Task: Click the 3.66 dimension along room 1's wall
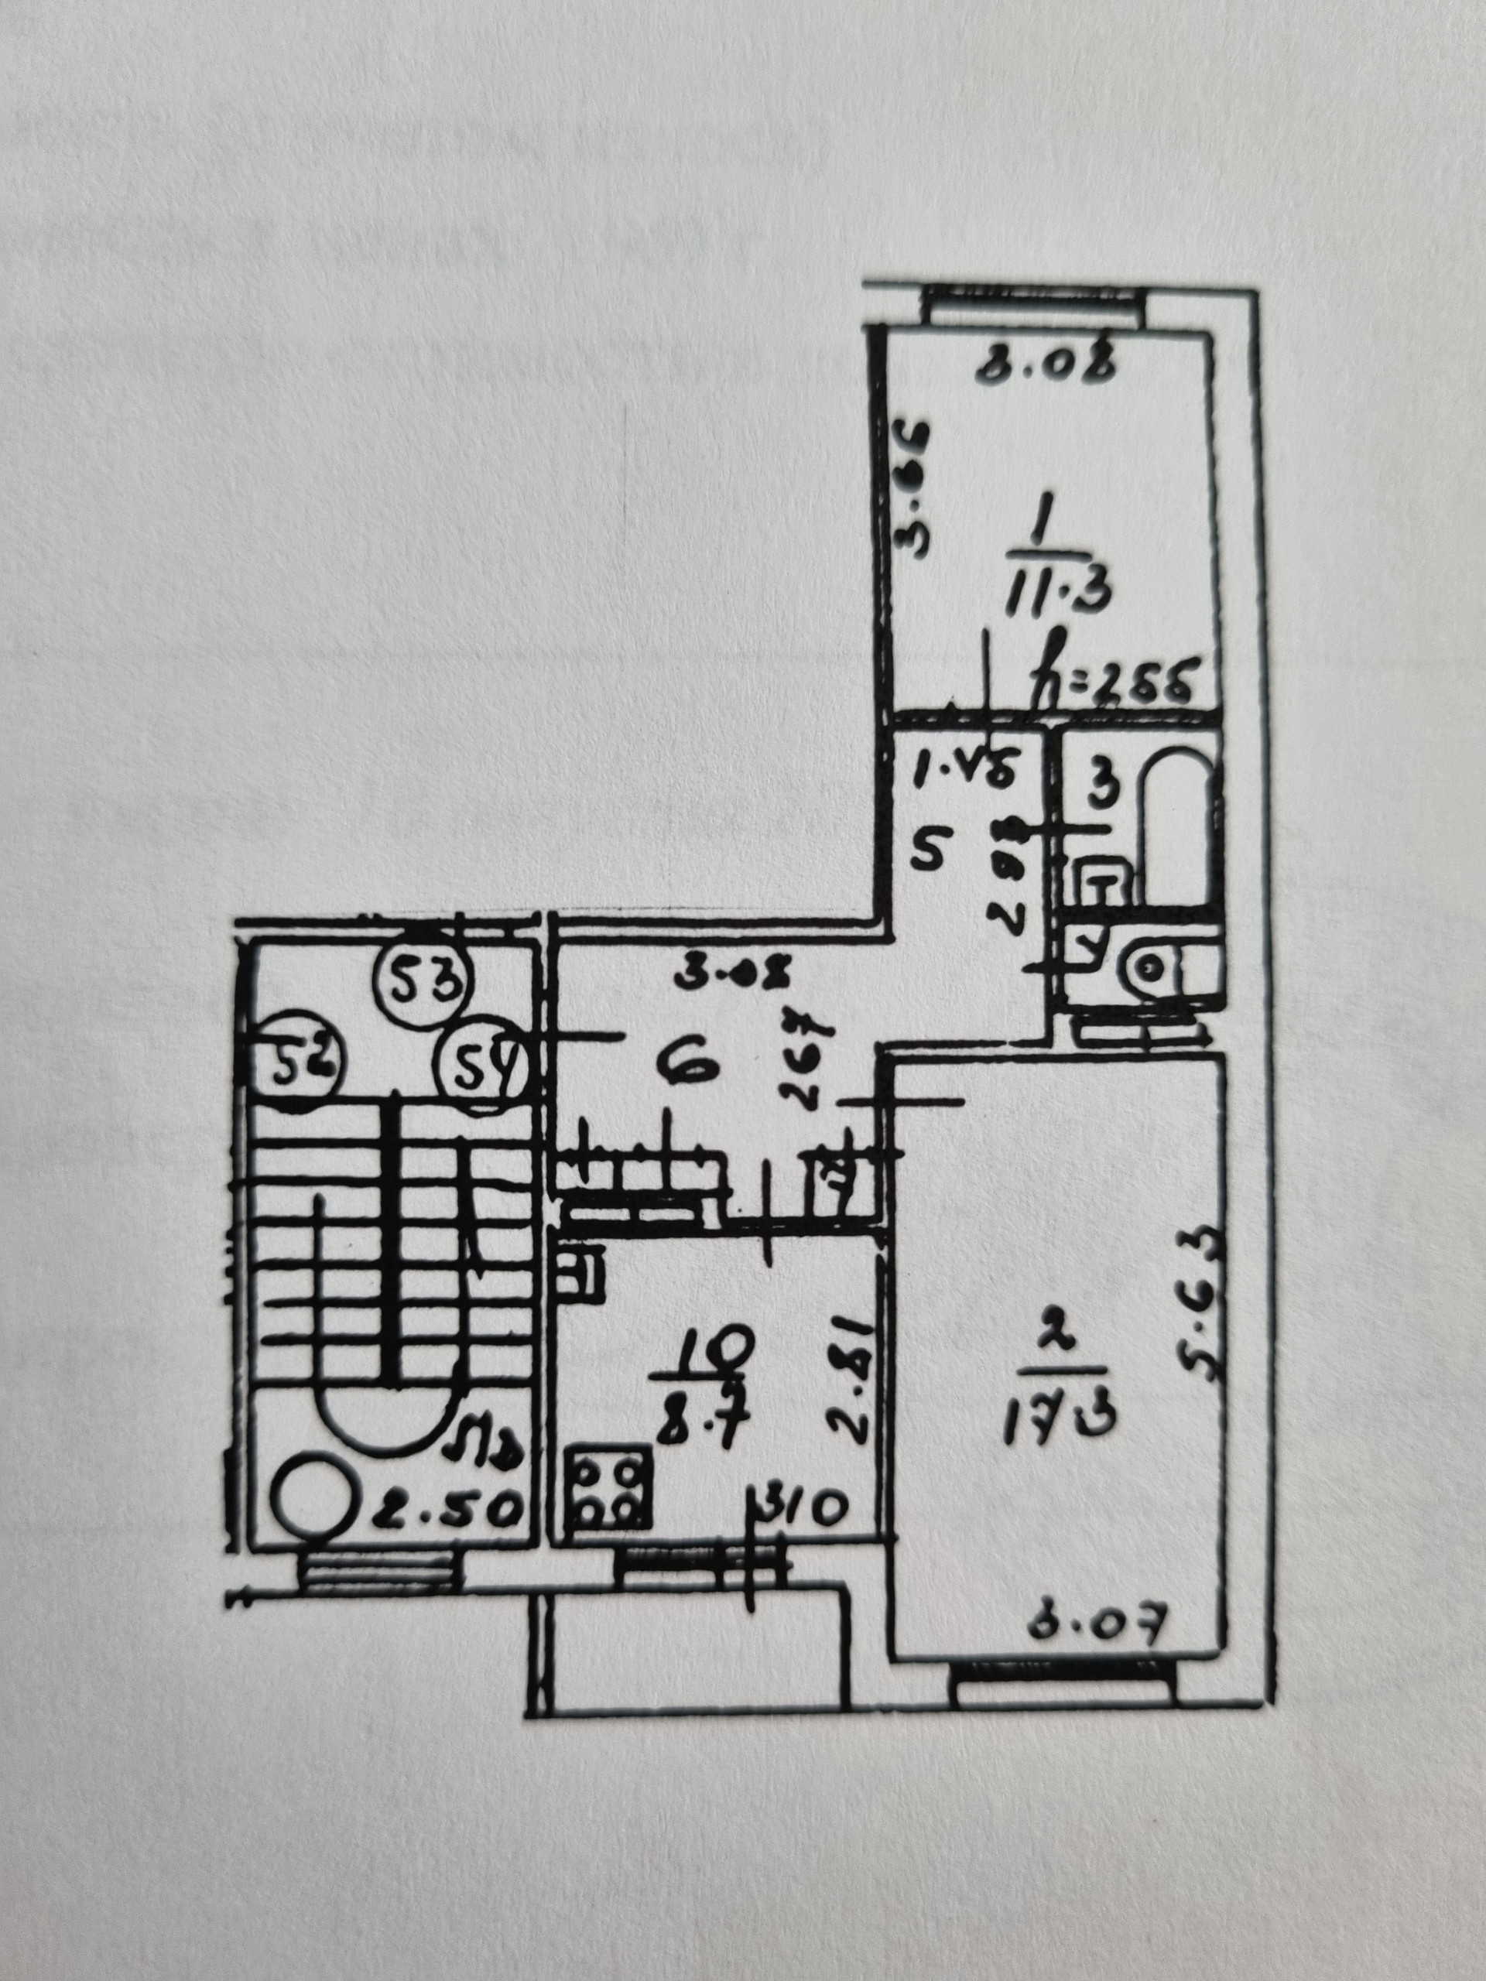pyautogui.click(x=920, y=491)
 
